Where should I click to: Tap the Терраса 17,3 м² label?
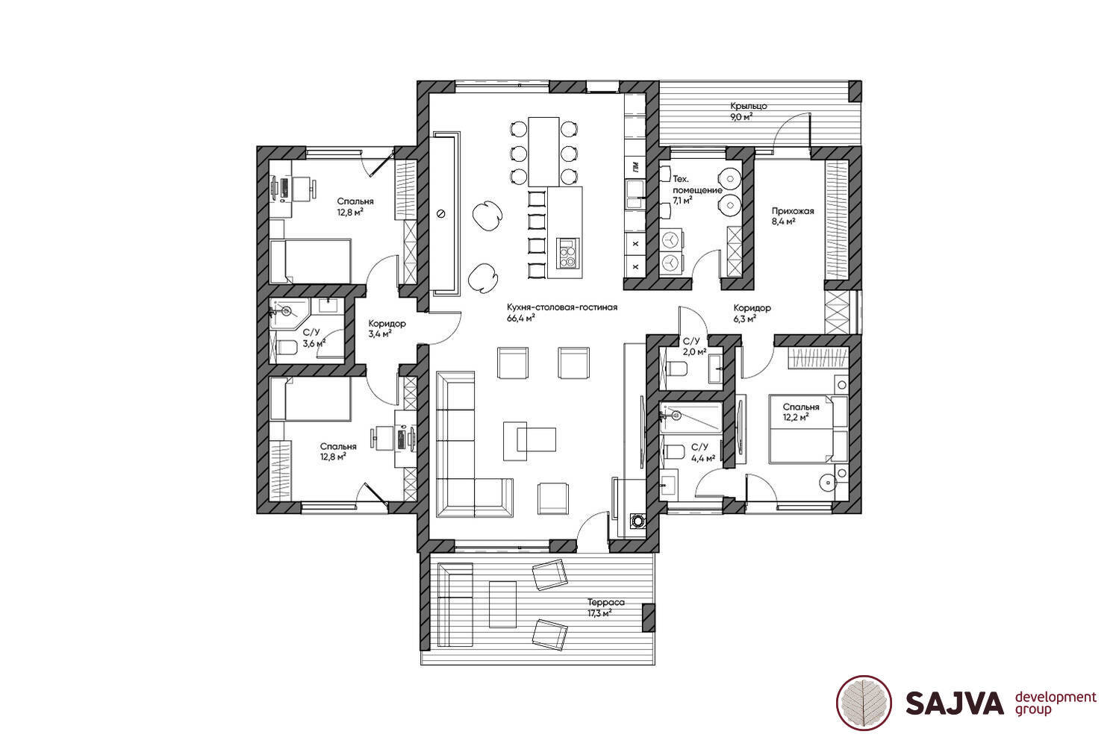606,608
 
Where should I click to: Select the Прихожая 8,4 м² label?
793,216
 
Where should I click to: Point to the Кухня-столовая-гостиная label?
562,307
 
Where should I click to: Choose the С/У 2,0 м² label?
694,346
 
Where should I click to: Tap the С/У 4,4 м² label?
703,452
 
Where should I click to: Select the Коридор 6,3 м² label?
752,313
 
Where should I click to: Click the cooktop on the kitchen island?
569,253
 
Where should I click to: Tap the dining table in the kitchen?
543,151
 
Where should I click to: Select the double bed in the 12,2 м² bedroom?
808,429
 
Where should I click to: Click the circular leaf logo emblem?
864,703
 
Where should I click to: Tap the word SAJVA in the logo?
954,703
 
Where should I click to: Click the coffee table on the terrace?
502,604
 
